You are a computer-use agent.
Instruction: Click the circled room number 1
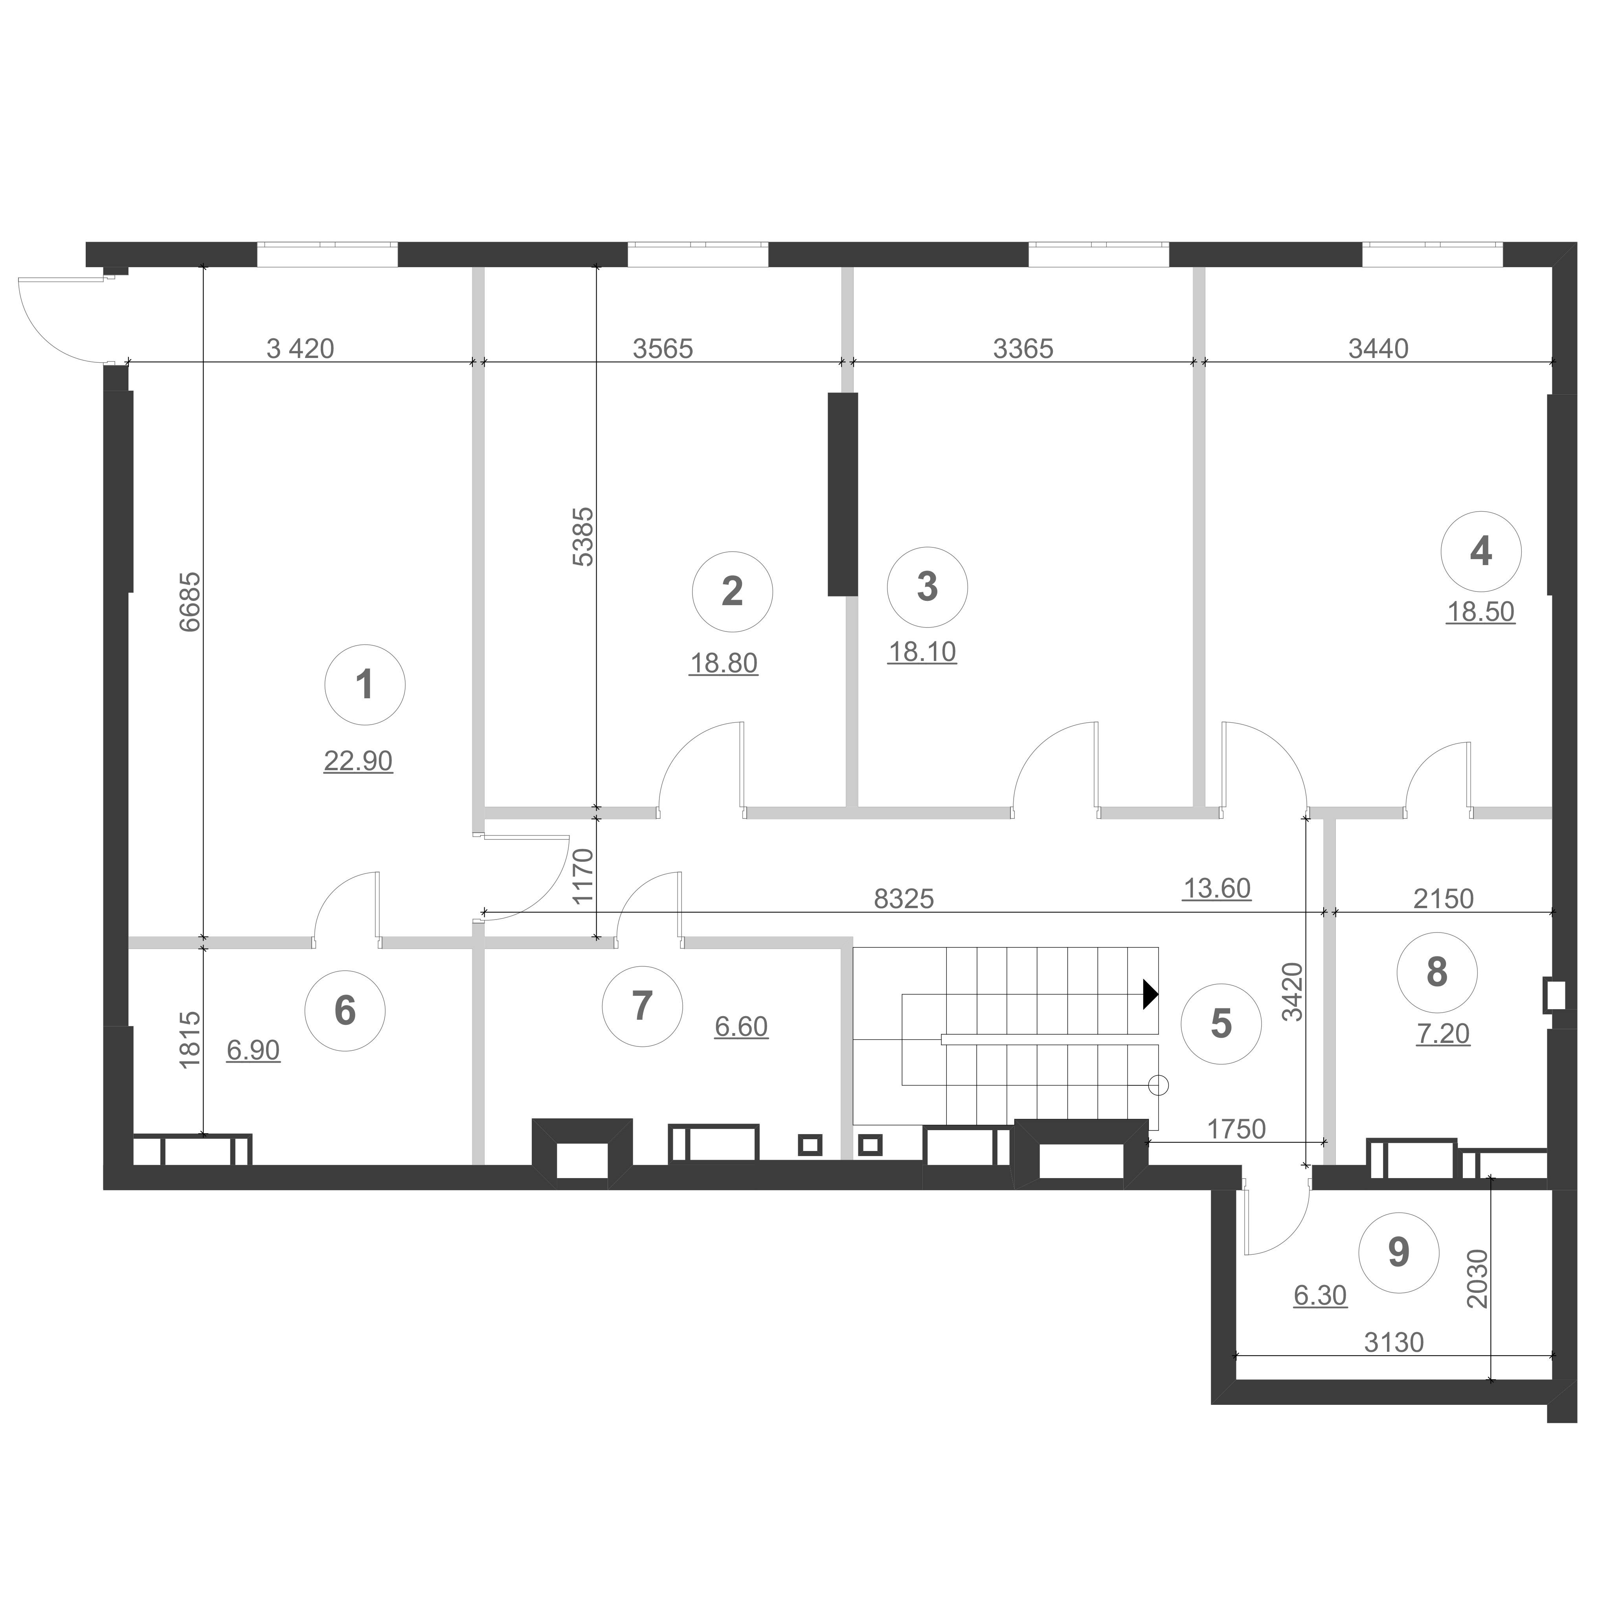tap(365, 685)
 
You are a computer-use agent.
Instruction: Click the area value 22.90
tap(358, 761)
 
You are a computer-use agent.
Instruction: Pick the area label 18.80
tap(724, 664)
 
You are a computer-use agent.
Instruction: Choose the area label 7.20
tap(1443, 1034)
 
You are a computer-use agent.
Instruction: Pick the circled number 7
tap(642, 1006)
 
